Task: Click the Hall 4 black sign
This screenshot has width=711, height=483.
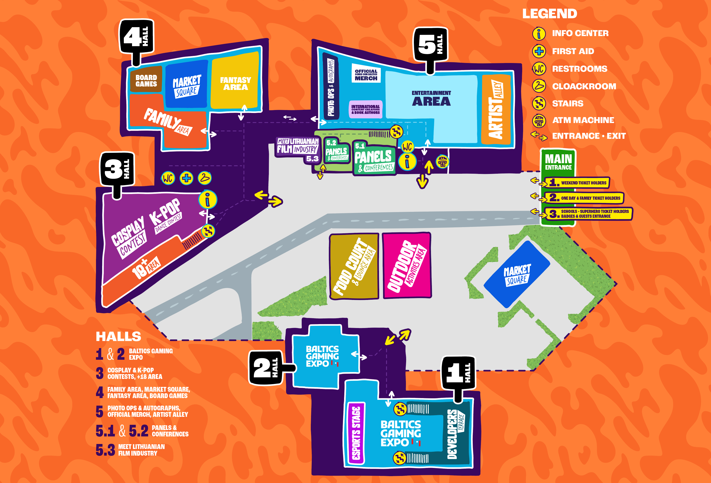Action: (x=136, y=37)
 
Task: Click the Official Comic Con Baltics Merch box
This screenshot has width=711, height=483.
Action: (x=366, y=74)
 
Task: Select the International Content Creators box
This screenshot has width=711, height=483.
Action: (x=366, y=109)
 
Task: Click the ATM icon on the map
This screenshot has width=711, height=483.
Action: (x=442, y=162)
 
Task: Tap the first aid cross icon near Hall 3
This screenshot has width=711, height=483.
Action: (x=186, y=178)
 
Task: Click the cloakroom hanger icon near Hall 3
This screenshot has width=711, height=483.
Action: (x=205, y=178)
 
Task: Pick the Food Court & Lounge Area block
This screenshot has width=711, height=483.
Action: (x=354, y=266)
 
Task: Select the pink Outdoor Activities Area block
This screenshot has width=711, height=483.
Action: (x=407, y=265)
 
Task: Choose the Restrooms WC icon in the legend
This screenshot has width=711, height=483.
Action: (x=539, y=69)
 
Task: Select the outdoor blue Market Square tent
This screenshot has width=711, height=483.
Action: (x=517, y=274)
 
